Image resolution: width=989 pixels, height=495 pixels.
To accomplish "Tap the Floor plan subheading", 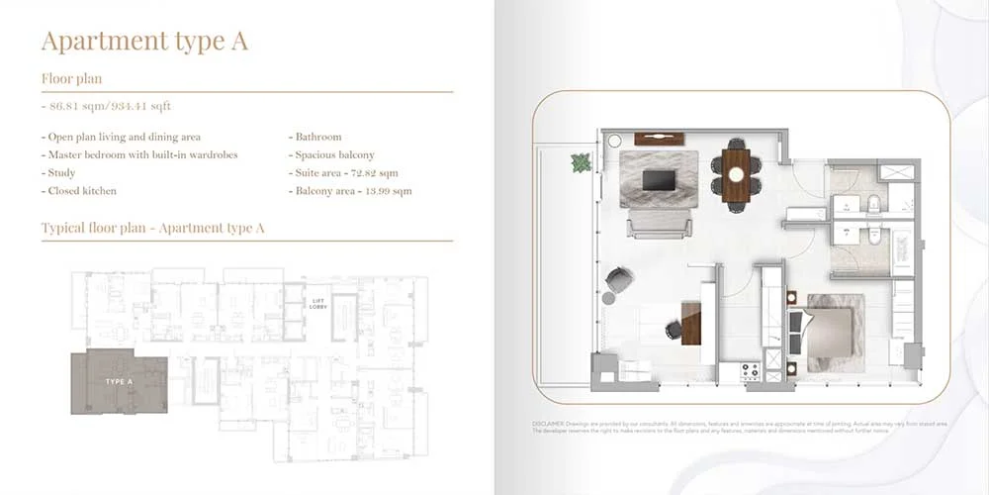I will (72, 78).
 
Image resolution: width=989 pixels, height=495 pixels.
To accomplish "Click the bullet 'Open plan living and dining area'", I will (124, 137).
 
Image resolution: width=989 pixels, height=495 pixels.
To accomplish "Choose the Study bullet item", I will (61, 172).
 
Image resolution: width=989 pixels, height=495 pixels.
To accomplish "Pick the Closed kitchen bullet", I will (82, 190).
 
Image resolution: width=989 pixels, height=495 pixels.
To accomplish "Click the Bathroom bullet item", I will (317, 137).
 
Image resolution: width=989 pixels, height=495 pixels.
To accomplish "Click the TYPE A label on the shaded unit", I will (119, 381).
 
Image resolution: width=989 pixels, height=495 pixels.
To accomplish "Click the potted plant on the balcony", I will (581, 162).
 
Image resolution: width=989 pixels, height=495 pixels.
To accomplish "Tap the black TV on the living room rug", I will (657, 180).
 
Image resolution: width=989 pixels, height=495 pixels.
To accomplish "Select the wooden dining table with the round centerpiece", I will (736, 174).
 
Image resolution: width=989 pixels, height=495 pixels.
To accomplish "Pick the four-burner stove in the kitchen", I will (751, 370).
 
